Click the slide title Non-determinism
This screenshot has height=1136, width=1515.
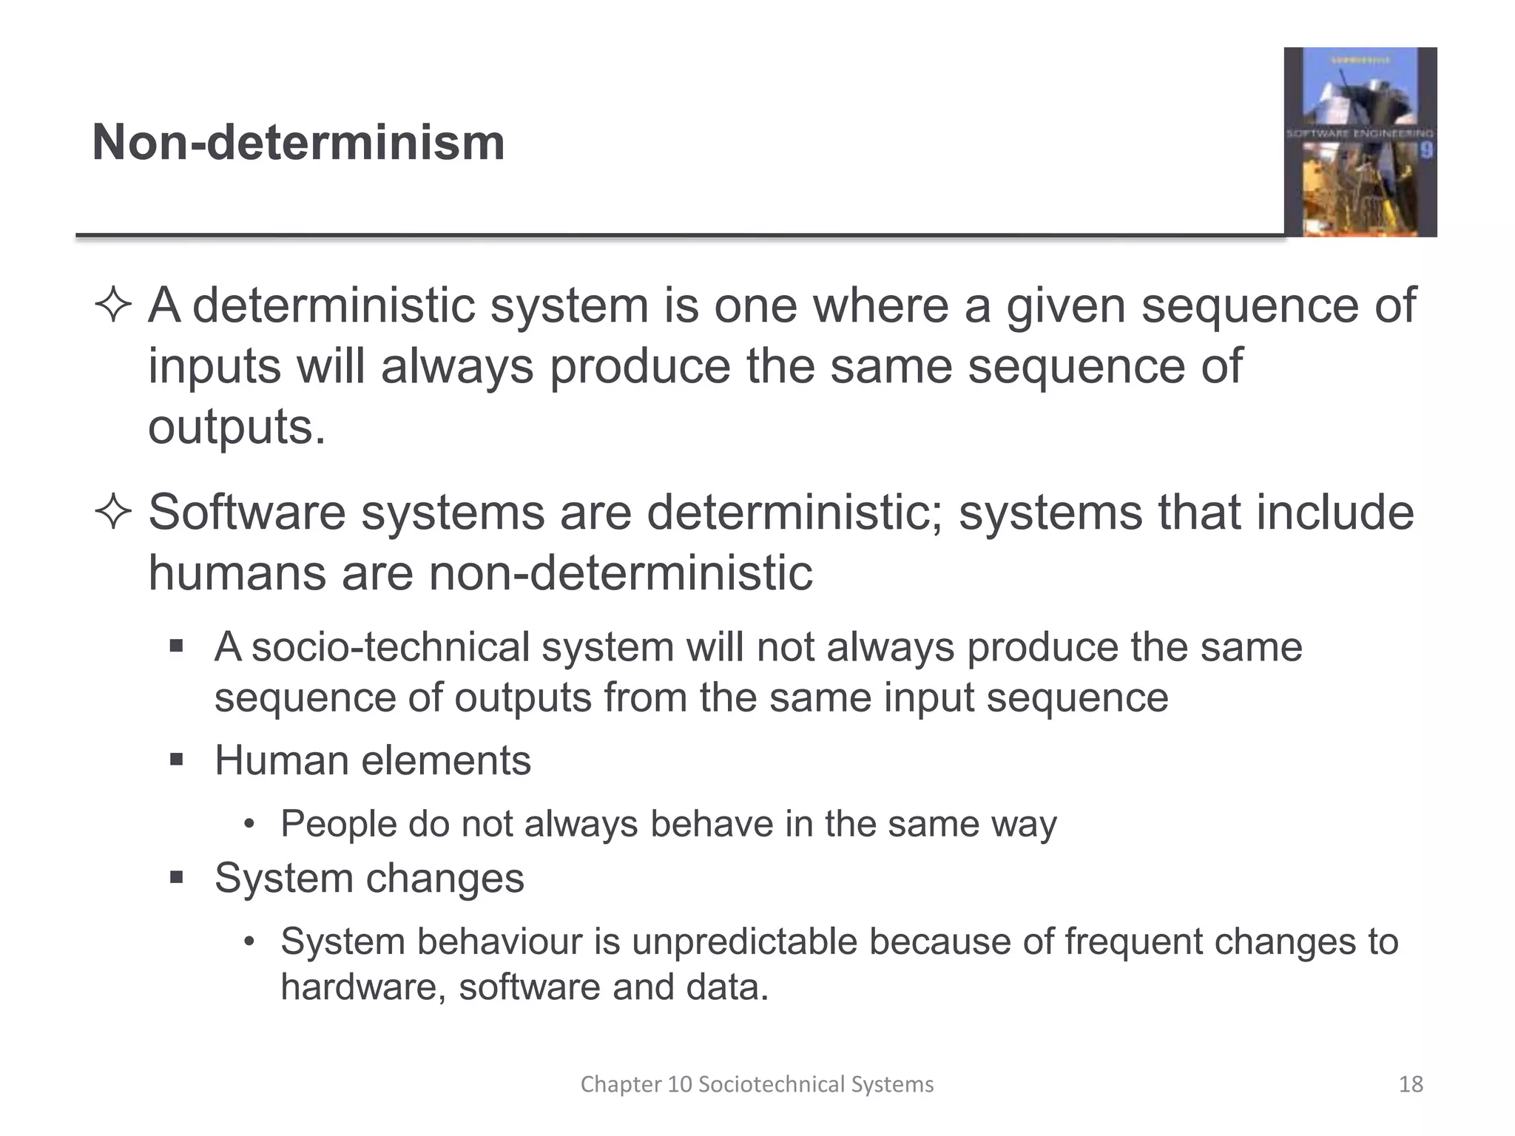coord(298,142)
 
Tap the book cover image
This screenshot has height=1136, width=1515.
coord(1360,142)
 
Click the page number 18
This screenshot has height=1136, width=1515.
coord(1411,1084)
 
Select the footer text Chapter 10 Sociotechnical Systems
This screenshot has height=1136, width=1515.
coord(757,1084)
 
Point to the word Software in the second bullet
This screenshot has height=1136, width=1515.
coord(246,512)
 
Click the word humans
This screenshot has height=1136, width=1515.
coord(237,572)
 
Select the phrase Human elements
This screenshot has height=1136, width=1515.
coord(372,760)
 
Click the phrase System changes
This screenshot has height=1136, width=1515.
coord(369,878)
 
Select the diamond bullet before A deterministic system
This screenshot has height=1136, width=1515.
coord(113,305)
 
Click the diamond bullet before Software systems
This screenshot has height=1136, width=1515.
coord(113,513)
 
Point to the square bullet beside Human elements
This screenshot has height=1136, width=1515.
coord(176,760)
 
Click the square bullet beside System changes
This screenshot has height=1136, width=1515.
coord(176,878)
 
